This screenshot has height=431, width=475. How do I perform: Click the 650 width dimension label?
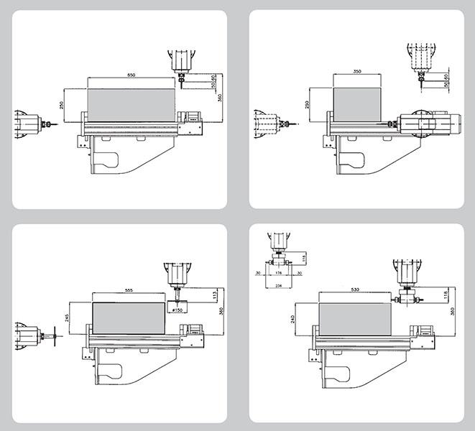point(131,75)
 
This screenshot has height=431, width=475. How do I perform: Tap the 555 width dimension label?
point(129,289)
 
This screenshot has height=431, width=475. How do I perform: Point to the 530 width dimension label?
point(355,291)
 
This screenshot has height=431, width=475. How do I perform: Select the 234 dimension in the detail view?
point(280,286)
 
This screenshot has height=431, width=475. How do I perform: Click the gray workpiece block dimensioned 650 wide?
point(131,100)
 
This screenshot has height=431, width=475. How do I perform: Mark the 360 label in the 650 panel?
point(219,98)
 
